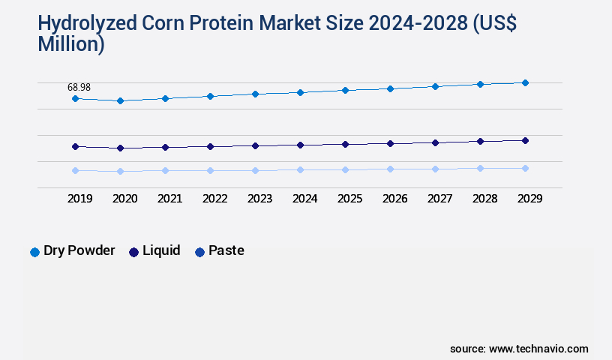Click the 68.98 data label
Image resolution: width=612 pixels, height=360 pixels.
click(x=79, y=88)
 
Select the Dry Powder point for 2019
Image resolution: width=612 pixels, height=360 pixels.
click(x=75, y=98)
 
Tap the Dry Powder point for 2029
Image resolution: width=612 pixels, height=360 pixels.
click(x=525, y=82)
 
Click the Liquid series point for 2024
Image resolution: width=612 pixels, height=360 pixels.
click(x=300, y=145)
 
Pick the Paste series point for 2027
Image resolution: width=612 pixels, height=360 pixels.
click(x=435, y=169)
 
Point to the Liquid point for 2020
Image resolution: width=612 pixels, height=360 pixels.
click(x=120, y=148)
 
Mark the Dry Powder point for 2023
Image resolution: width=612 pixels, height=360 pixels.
click(x=255, y=94)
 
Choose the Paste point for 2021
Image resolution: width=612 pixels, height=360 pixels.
click(x=165, y=170)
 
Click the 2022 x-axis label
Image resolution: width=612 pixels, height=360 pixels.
click(x=214, y=199)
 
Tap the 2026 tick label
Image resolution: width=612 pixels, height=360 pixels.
click(x=394, y=199)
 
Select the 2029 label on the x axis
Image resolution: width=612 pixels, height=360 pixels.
click(x=529, y=199)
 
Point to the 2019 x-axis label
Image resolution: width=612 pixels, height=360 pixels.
click(x=79, y=199)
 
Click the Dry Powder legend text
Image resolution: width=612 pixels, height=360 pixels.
click(x=79, y=250)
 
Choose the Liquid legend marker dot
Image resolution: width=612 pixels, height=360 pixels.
click(x=134, y=252)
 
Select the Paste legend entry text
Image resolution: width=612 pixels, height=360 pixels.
click(x=226, y=250)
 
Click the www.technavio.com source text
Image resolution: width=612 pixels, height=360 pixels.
click(x=538, y=349)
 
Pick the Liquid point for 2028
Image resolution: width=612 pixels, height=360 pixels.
click(x=480, y=141)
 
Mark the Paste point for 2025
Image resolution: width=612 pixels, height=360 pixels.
click(x=345, y=169)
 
